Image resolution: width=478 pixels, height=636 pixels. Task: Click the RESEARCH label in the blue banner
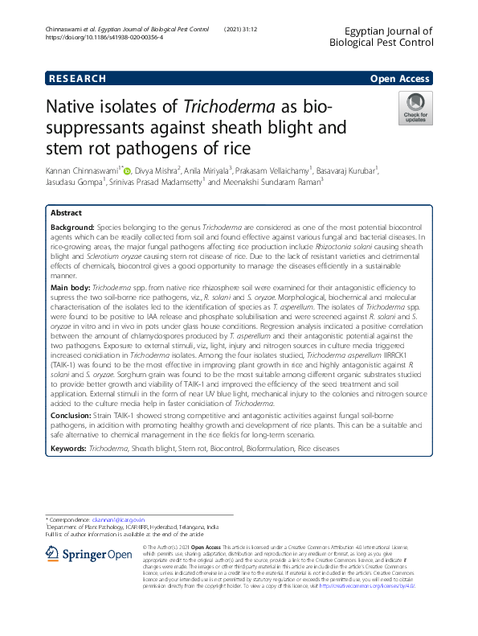point(76,79)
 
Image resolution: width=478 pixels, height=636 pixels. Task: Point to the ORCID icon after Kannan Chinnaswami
point(126,170)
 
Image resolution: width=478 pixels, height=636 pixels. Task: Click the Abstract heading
point(66,214)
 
